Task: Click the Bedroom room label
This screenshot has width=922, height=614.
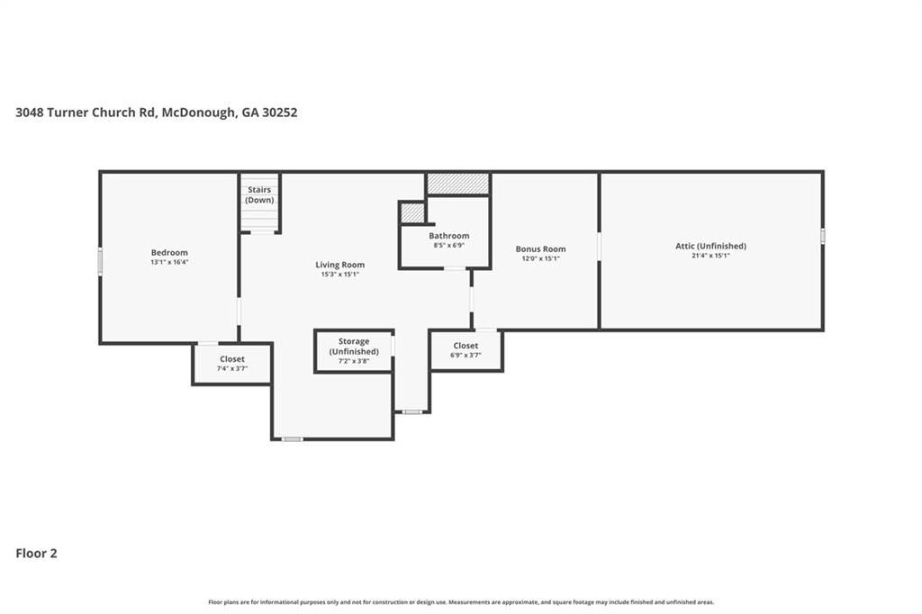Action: pos(169,252)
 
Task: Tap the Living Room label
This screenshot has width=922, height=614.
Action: pos(339,265)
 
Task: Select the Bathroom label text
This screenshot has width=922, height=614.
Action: pos(448,236)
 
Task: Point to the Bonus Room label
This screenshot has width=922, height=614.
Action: pos(540,248)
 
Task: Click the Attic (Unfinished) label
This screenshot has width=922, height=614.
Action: pos(710,246)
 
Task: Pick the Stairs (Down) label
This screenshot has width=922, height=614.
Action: pos(259,194)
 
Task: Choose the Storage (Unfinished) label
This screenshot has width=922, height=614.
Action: pos(353,347)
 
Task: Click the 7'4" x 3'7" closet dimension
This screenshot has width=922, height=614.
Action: pos(231,369)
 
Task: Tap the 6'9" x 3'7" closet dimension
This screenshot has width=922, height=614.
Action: pos(466,356)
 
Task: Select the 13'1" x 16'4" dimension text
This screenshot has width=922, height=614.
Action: pos(169,262)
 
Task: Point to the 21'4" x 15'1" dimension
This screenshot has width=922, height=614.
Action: pos(710,256)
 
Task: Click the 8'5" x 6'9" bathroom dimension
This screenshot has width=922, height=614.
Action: pos(448,245)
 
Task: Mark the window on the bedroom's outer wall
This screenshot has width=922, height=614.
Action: pos(100,261)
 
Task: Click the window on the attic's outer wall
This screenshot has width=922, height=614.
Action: pos(823,235)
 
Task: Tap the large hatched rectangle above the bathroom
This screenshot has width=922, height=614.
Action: pos(458,184)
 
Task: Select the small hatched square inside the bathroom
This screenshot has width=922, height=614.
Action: pos(412,212)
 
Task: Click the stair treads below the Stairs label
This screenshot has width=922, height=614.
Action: pos(259,218)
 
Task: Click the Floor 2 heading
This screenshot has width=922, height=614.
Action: pos(36,554)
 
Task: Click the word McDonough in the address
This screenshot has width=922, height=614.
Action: pos(199,113)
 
